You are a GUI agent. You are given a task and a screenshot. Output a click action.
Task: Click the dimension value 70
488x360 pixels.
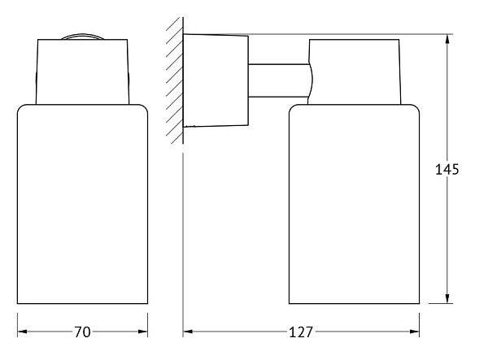click(x=82, y=332)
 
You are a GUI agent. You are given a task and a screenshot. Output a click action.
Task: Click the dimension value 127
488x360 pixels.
click(x=301, y=332)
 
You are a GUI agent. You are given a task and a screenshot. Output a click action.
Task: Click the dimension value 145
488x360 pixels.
click(x=447, y=169)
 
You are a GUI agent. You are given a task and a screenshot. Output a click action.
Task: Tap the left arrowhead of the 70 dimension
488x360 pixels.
click(x=22, y=332)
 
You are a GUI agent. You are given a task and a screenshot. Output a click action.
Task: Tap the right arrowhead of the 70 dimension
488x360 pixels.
click(x=143, y=332)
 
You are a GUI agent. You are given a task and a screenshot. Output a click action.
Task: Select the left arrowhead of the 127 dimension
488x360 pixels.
click(x=188, y=332)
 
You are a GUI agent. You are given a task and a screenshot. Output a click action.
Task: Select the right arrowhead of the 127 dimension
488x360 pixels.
click(x=415, y=332)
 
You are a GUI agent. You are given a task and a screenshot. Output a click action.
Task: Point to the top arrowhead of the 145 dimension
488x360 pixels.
click(x=447, y=39)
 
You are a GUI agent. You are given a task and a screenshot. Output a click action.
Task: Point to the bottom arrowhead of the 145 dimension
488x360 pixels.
click(x=447, y=299)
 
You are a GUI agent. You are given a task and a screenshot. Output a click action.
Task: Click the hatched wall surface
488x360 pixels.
click(x=175, y=80)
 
